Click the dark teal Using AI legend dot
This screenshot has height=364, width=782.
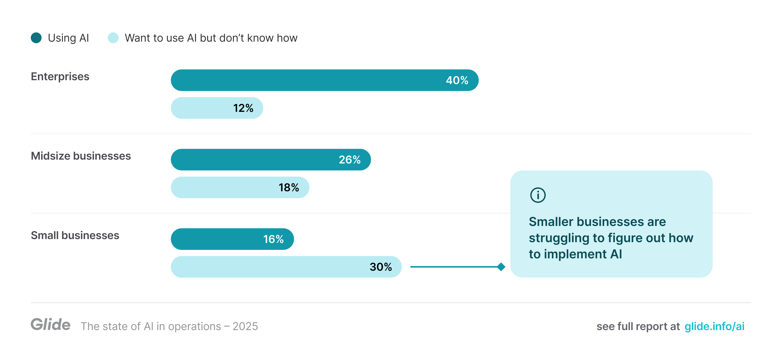[x=36, y=38]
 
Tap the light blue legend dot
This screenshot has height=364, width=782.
[x=113, y=38]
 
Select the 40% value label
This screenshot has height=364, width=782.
[x=457, y=80]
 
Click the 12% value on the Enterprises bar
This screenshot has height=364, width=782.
[x=243, y=108]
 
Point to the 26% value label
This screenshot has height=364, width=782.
[x=349, y=160]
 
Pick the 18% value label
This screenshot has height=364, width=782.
[x=288, y=187]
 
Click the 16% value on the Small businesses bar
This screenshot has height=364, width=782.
[x=273, y=239]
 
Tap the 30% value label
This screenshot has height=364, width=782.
[x=380, y=267]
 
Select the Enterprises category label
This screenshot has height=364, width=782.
[x=60, y=76]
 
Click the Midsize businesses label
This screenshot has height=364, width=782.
[x=81, y=156]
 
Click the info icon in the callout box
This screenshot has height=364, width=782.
[x=538, y=195]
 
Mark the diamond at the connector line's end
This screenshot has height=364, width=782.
[x=501, y=267]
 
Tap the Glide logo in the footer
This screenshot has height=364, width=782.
[x=50, y=324]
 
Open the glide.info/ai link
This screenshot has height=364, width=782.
[x=714, y=326]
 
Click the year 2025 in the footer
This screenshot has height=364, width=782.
[x=245, y=326]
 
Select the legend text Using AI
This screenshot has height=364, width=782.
[x=68, y=38]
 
